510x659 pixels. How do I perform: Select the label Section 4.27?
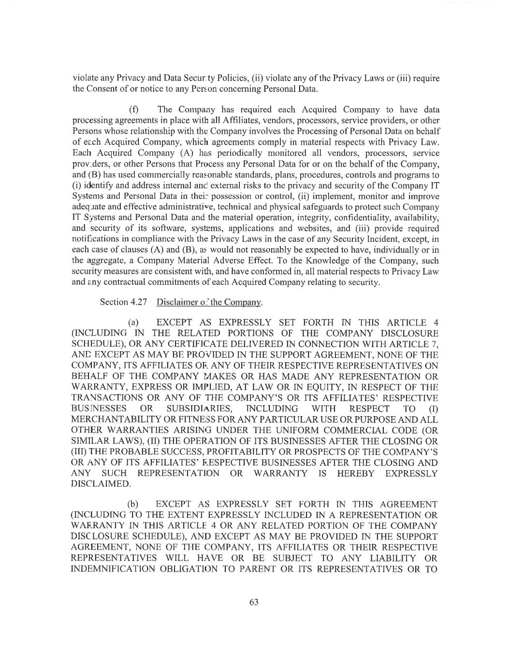click(120, 302)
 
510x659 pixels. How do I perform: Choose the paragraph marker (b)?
click(133, 505)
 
